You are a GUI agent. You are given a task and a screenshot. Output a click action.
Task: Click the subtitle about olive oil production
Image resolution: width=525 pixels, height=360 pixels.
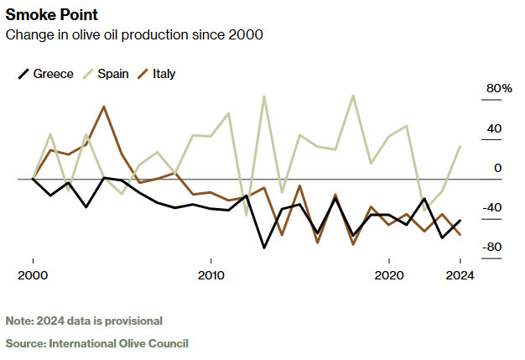[134, 34]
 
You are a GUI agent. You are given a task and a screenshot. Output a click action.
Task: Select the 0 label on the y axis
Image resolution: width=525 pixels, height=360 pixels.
[497, 168]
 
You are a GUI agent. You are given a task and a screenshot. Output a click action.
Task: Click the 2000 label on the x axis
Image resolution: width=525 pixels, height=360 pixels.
[33, 275]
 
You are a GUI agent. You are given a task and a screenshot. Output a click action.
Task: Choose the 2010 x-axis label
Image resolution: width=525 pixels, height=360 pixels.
[211, 275]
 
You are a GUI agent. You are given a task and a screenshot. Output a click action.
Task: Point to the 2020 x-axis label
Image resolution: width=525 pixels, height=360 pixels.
[389, 275]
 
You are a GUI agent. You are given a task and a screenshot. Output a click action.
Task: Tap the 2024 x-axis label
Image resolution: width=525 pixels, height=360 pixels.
[460, 275]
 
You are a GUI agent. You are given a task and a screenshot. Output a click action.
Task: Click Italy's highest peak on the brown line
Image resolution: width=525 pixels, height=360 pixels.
[104, 107]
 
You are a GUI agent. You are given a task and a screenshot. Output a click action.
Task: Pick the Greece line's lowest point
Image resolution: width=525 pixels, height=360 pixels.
[264, 248]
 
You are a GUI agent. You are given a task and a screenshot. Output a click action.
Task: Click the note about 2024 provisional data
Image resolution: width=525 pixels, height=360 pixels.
[84, 321]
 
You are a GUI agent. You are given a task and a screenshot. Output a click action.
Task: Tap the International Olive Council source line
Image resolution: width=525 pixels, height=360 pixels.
[97, 343]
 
